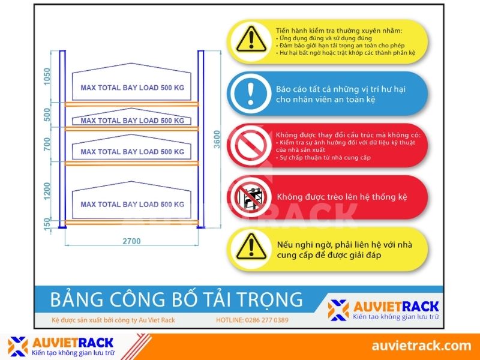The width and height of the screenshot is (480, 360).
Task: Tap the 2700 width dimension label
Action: pyautogui.click(x=132, y=241)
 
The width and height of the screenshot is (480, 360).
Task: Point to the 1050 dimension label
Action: pyautogui.click(x=47, y=77)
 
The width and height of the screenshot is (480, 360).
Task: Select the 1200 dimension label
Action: pyautogui.click(x=47, y=191)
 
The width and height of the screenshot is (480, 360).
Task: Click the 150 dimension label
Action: pyautogui.click(x=47, y=224)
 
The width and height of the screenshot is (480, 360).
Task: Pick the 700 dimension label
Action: pyautogui.click(x=47, y=145)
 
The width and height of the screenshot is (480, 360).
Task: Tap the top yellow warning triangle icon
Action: pyautogui.click(x=251, y=38)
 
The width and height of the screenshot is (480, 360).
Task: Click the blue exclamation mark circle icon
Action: pyautogui.click(x=251, y=94)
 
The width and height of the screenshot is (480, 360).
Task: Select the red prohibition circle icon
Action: pyautogui.click(x=251, y=145)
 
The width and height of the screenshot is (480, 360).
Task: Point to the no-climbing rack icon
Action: pyautogui.click(x=251, y=196)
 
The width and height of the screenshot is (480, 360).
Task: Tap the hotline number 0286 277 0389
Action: pyautogui.click(x=252, y=320)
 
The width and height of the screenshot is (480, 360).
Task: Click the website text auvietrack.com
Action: pyautogui.click(x=421, y=346)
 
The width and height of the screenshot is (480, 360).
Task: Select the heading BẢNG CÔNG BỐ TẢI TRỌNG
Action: pyautogui.click(x=176, y=299)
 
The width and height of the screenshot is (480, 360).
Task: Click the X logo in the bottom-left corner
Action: pyautogui.click(x=18, y=346)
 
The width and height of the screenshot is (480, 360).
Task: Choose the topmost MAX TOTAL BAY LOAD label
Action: pyautogui.click(x=132, y=88)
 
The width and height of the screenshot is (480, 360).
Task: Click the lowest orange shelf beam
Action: pyautogui.click(x=132, y=223)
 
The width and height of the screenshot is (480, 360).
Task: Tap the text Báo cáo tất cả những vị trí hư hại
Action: pyautogui.click(x=341, y=89)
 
